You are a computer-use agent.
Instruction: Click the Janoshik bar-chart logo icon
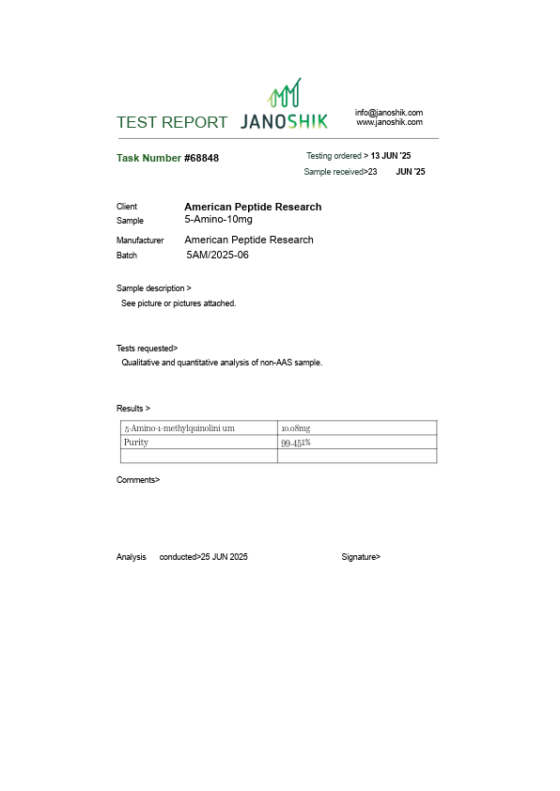pyautogui.click(x=285, y=93)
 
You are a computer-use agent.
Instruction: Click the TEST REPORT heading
pyautogui.click(x=172, y=122)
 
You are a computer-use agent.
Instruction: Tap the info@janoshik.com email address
pyautogui.click(x=389, y=113)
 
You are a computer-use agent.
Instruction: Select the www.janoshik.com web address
pyautogui.click(x=389, y=122)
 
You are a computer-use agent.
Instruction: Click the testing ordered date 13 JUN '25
pyautogui.click(x=391, y=155)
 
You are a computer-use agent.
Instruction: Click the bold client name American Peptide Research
pyautogui.click(x=253, y=207)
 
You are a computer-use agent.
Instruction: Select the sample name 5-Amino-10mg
pyautogui.click(x=218, y=219)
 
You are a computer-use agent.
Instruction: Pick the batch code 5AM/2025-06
pyautogui.click(x=217, y=255)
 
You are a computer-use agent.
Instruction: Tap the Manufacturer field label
pyautogui.click(x=140, y=240)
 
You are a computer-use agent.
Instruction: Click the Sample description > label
pyautogui.click(x=154, y=288)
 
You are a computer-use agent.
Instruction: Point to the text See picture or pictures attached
pyautogui.click(x=179, y=303)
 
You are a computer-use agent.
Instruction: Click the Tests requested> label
pyautogui.click(x=147, y=348)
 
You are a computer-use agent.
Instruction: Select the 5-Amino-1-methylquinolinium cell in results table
pyautogui.click(x=179, y=428)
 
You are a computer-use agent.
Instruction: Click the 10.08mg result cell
pyautogui.click(x=296, y=428)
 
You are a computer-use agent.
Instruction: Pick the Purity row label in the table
pyautogui.click(x=136, y=442)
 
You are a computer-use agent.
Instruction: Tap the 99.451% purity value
pyautogui.click(x=296, y=442)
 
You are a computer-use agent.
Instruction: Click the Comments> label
pyautogui.click(x=138, y=480)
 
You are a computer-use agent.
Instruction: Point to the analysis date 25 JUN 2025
pyautogui.click(x=225, y=557)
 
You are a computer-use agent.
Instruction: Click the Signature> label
pyautogui.click(x=361, y=557)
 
